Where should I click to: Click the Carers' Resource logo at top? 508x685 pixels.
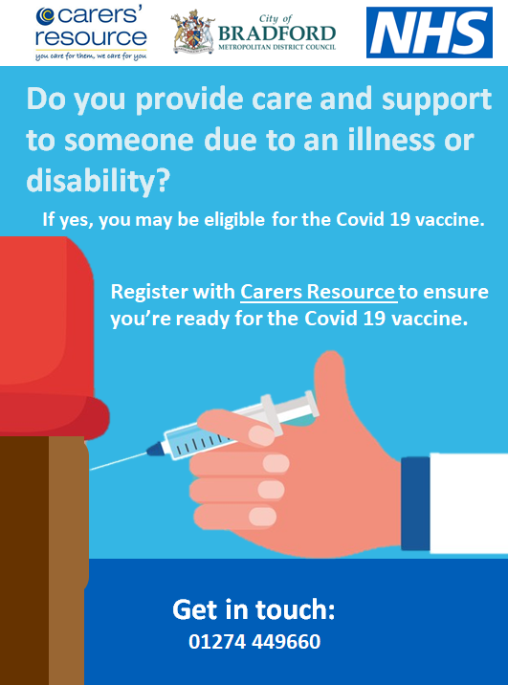pos(91,30)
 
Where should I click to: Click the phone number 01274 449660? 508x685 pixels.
pos(254,641)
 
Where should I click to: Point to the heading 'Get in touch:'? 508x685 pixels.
pos(254,609)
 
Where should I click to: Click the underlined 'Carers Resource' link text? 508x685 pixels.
pos(319,292)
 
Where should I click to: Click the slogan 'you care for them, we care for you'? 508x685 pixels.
pos(91,55)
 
